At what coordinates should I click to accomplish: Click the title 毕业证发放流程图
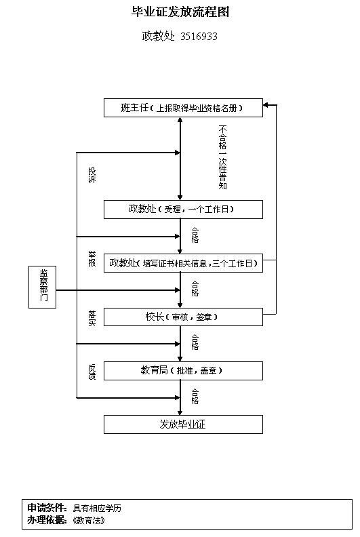180,12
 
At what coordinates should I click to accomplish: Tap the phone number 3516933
199,36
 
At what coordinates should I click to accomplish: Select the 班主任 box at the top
183,108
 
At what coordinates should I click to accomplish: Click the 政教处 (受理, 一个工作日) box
183,210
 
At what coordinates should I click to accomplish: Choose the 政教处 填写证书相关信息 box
183,263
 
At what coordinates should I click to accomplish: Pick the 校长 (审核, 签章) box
183,317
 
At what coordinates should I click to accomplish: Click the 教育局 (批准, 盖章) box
183,371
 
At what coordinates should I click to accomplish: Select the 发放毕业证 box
183,424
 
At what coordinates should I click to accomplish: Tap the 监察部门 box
43,287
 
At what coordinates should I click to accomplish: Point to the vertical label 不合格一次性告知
222,157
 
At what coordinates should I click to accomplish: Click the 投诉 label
92,175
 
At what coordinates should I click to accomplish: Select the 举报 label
92,259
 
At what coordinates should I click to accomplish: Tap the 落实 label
92,318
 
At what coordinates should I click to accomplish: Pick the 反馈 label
92,372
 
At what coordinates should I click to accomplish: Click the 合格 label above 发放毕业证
195,396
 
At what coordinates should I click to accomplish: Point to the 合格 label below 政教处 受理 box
195,235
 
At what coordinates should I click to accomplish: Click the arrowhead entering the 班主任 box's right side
266,105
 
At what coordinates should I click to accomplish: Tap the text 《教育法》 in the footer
89,521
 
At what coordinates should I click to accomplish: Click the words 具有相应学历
97,508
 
